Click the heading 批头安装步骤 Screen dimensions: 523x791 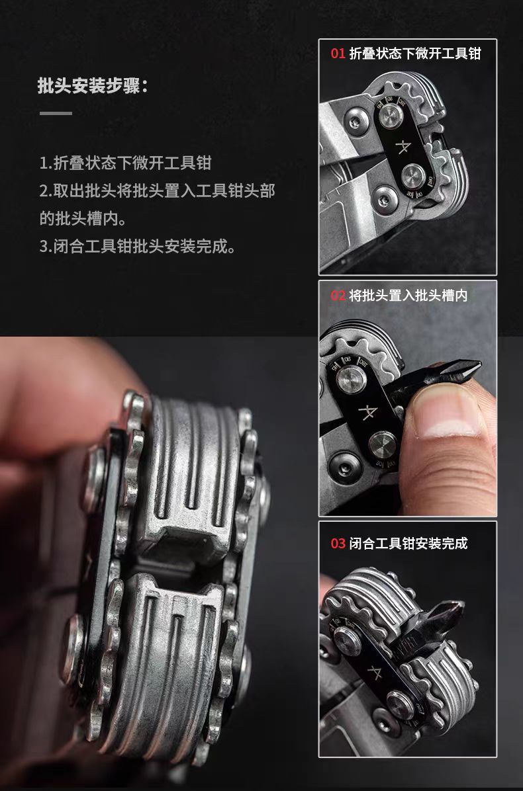click(93, 85)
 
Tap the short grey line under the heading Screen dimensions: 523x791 click(56, 114)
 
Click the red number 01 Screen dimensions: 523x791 click(338, 54)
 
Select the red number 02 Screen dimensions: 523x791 click(338, 295)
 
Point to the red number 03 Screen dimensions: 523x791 click(338, 543)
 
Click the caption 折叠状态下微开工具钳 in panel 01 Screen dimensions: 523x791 click(415, 54)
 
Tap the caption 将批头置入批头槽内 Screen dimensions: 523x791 click(408, 295)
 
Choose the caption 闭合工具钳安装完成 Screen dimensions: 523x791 click(408, 543)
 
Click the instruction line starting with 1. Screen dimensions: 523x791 click(125, 163)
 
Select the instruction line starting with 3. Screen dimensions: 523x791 click(137, 247)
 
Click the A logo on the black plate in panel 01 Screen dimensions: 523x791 click(403, 147)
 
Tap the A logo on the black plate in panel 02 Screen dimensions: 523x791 click(368, 411)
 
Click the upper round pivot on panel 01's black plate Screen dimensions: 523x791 click(391, 116)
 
